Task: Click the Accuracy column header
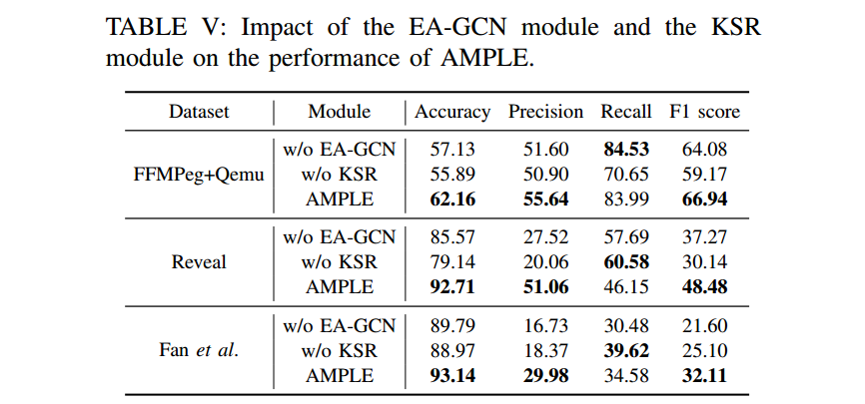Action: [x=452, y=112]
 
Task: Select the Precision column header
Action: [x=545, y=112]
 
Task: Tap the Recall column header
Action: [x=625, y=112]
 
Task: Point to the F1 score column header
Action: [x=704, y=112]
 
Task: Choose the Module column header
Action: [x=339, y=112]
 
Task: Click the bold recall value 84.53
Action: [x=625, y=151]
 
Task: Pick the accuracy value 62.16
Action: [x=452, y=199]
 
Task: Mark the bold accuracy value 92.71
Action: [x=452, y=286]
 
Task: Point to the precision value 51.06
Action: [x=545, y=286]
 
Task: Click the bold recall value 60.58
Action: [x=625, y=262]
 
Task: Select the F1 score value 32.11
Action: [x=704, y=375]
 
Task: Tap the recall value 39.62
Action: [x=625, y=350]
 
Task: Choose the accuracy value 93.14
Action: [x=452, y=375]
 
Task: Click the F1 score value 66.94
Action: [x=704, y=199]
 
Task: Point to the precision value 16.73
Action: [x=545, y=326]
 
